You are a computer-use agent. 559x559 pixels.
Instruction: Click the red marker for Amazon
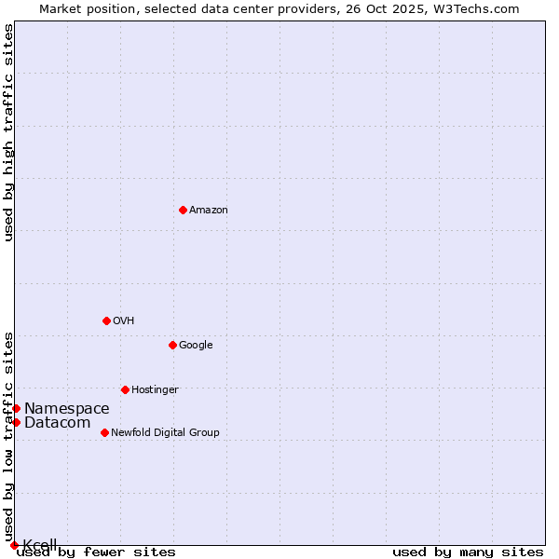click(x=183, y=210)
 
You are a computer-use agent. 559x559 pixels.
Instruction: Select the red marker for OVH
click(x=106, y=320)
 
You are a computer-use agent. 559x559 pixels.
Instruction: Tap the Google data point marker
click(x=172, y=345)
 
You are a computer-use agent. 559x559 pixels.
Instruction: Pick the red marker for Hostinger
click(x=125, y=389)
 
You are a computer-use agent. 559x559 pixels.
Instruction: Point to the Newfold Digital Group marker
click(x=104, y=432)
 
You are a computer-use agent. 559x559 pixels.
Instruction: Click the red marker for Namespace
click(x=16, y=408)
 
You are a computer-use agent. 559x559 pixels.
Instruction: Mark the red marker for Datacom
click(x=16, y=423)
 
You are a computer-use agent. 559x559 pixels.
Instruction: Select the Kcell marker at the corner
click(x=14, y=545)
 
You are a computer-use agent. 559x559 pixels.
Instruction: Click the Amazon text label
click(x=208, y=211)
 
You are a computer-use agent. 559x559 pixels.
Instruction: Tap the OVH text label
click(x=123, y=321)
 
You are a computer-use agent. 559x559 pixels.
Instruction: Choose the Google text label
click(x=196, y=346)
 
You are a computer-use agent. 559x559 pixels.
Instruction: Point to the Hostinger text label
click(x=155, y=390)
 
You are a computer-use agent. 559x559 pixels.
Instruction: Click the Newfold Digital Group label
click(x=165, y=433)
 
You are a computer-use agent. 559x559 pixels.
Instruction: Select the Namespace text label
click(x=66, y=409)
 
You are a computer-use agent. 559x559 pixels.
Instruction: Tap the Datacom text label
click(x=57, y=423)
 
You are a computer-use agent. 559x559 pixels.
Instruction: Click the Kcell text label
click(x=40, y=545)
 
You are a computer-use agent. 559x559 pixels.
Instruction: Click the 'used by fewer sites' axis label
click(x=96, y=552)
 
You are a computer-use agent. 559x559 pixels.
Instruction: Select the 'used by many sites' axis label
click(x=468, y=552)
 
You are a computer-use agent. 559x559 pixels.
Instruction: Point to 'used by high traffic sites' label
click(x=9, y=132)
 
